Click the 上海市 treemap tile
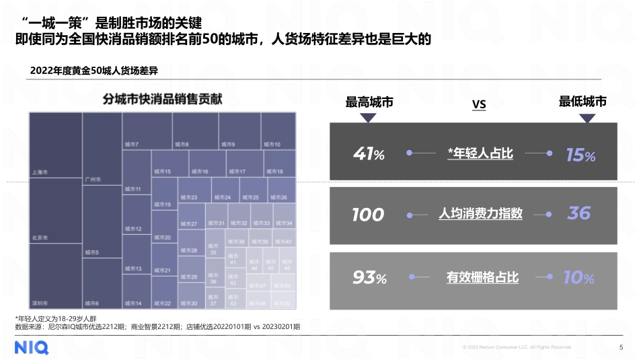pyautogui.click(x=56, y=145)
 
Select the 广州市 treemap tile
pyautogui.click(x=102, y=149)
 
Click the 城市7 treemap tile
pyautogui.click(x=147, y=131)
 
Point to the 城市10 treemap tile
pyautogui.click(x=278, y=131)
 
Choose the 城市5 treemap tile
pyautogui.click(x=102, y=222)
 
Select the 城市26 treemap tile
pyautogui.click(x=282, y=190)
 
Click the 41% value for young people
pyautogui.click(x=369, y=154)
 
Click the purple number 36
pyautogui.click(x=578, y=214)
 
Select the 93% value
pyautogui.click(x=369, y=277)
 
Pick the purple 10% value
pyautogui.click(x=579, y=277)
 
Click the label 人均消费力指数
pyautogui.click(x=480, y=214)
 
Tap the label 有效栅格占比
pyautogui.click(x=482, y=277)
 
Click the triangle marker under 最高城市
pyautogui.click(x=369, y=118)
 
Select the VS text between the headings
pyautogui.click(x=479, y=104)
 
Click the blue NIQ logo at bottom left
pyautogui.click(x=32, y=347)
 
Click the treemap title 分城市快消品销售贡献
pyautogui.click(x=162, y=100)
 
